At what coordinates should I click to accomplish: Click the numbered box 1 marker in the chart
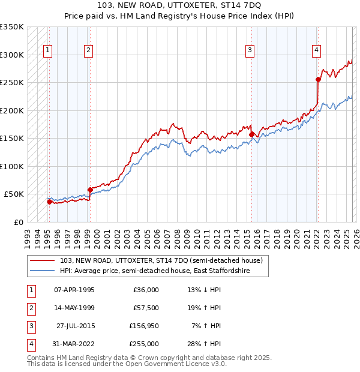click(47, 50)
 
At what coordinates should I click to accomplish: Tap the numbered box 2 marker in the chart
click(88, 50)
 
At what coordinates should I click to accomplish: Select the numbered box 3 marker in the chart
click(250, 50)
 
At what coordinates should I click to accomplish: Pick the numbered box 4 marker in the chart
click(316, 50)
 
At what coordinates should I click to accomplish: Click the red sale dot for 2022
click(318, 79)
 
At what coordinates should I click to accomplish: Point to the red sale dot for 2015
click(251, 134)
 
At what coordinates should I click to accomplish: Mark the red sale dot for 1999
click(89, 190)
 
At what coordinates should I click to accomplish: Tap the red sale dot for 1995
click(49, 202)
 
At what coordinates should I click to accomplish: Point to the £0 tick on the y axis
click(18, 222)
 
